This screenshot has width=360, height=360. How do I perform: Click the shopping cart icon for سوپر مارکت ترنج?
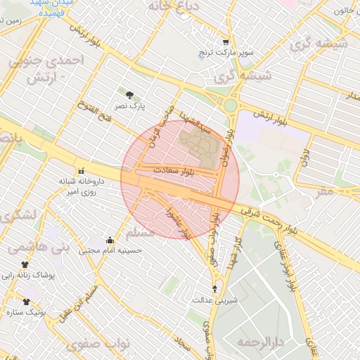[x=225, y=42]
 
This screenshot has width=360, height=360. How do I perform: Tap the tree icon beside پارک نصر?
[x=129, y=94]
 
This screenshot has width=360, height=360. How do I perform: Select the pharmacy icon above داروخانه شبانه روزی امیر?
[x=82, y=170]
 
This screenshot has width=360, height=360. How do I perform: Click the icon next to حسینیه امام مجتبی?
[x=109, y=240]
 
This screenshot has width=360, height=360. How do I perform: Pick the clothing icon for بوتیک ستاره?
[x=26, y=301]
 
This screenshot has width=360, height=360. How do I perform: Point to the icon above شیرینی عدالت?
[x=214, y=288]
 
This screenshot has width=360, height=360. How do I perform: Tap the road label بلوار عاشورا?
[x=175, y=221]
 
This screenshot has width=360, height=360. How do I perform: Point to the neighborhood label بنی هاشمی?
[x=30, y=247]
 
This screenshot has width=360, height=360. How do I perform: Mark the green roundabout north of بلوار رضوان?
[x=230, y=106]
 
